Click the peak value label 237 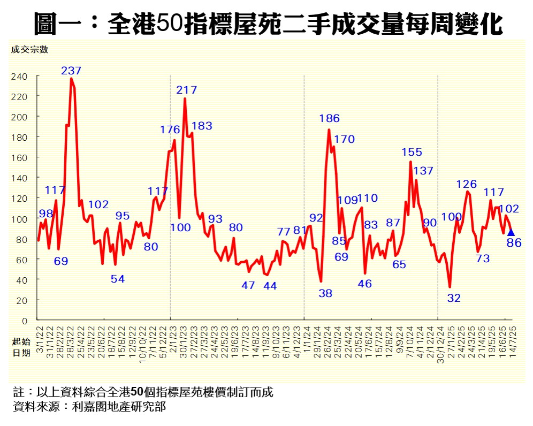[x=71, y=71]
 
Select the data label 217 [x=187, y=90]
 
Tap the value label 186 [x=329, y=119]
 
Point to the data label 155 [x=412, y=153]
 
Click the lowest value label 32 [x=454, y=299]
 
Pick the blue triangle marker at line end [x=511, y=232]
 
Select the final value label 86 [x=514, y=244]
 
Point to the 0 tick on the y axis [x=24, y=321]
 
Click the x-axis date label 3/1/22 [x=39, y=336]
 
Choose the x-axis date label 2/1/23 [x=171, y=336]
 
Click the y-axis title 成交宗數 [x=29, y=50]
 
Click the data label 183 [x=202, y=126]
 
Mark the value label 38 [x=325, y=293]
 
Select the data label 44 [x=270, y=286]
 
